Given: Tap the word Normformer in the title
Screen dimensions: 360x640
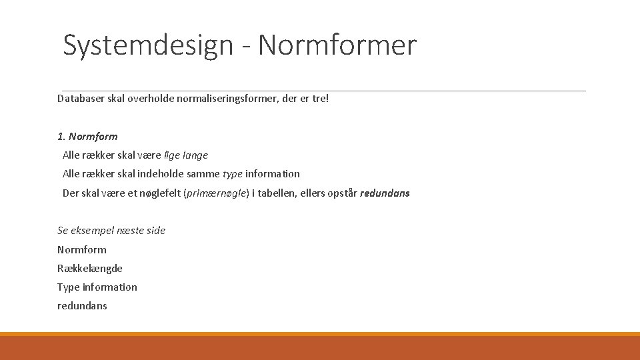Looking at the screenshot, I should click(x=337, y=45).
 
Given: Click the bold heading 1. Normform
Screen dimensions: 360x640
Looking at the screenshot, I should click(x=87, y=137).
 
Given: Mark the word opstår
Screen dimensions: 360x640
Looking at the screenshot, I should click(x=342, y=193).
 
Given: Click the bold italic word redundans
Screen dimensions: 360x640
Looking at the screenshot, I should click(x=385, y=193).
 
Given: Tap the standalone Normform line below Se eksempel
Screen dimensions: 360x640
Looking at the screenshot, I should click(x=82, y=250).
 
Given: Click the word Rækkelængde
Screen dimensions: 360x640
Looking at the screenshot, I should click(x=90, y=269).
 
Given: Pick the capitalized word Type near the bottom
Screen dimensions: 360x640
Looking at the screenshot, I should click(x=68, y=287).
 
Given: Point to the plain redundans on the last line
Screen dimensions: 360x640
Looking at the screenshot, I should click(x=82, y=306).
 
